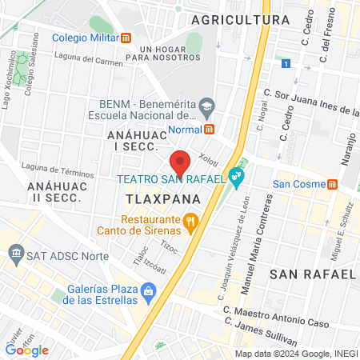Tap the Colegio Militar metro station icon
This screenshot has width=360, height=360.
tap(126, 38)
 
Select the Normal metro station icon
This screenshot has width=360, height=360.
tap(210, 130)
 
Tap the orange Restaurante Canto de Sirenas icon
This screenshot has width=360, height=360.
tap(190, 222)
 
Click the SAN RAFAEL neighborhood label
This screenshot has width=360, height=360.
tap(311, 274)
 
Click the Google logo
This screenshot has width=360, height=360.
tap(27, 349)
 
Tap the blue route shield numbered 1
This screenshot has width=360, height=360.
tap(286, 62)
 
